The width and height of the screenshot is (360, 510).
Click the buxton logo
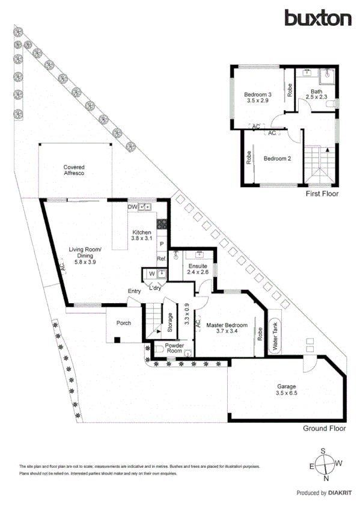coord(318,18)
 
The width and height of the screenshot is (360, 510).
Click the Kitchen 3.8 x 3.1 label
coord(143,235)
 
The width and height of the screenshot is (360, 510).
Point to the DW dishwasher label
coord(132,207)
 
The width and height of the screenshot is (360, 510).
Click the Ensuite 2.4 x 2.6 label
coord(197,269)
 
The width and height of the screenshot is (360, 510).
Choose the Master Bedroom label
coord(227,328)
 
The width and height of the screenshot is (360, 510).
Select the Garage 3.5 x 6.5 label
coord(287,390)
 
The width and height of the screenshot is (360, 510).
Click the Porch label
coord(123,324)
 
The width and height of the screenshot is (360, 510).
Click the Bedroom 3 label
coord(258,98)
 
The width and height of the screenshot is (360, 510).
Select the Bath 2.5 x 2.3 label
coord(316,94)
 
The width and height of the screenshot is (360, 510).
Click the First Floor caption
coord(322,194)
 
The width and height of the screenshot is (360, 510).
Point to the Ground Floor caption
coord(325,429)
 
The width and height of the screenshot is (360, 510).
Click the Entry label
coord(134,292)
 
